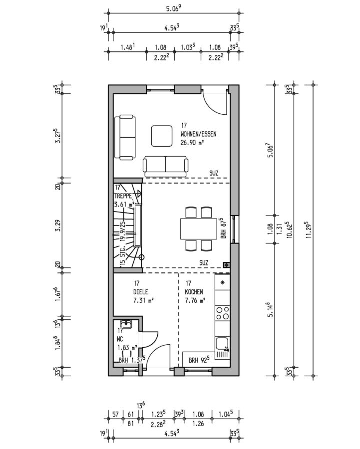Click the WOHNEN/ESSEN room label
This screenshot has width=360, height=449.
(x=198, y=134)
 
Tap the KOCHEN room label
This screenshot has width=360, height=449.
(x=194, y=292)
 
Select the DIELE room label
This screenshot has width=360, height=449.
(x=141, y=292)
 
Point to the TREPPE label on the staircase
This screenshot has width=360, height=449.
(x=123, y=196)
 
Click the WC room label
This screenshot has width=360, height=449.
(x=120, y=339)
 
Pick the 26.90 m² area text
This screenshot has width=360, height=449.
(x=192, y=143)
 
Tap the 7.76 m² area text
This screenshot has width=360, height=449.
(x=195, y=301)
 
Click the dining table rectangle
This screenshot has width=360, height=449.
(x=199, y=229)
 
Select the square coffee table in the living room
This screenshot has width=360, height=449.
(x=162, y=136)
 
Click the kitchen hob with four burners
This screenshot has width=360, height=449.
(x=222, y=313)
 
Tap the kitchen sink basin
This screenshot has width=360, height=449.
(x=222, y=344)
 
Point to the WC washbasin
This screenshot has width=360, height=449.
(x=126, y=324)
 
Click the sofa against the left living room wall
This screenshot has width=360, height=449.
(x=125, y=137)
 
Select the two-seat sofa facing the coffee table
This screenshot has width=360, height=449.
(x=166, y=166)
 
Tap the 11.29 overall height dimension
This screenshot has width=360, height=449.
(x=309, y=230)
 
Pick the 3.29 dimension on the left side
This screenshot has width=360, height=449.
(x=58, y=225)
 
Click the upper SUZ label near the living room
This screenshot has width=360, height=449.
(x=214, y=173)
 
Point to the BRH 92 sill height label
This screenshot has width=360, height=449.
(x=198, y=360)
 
